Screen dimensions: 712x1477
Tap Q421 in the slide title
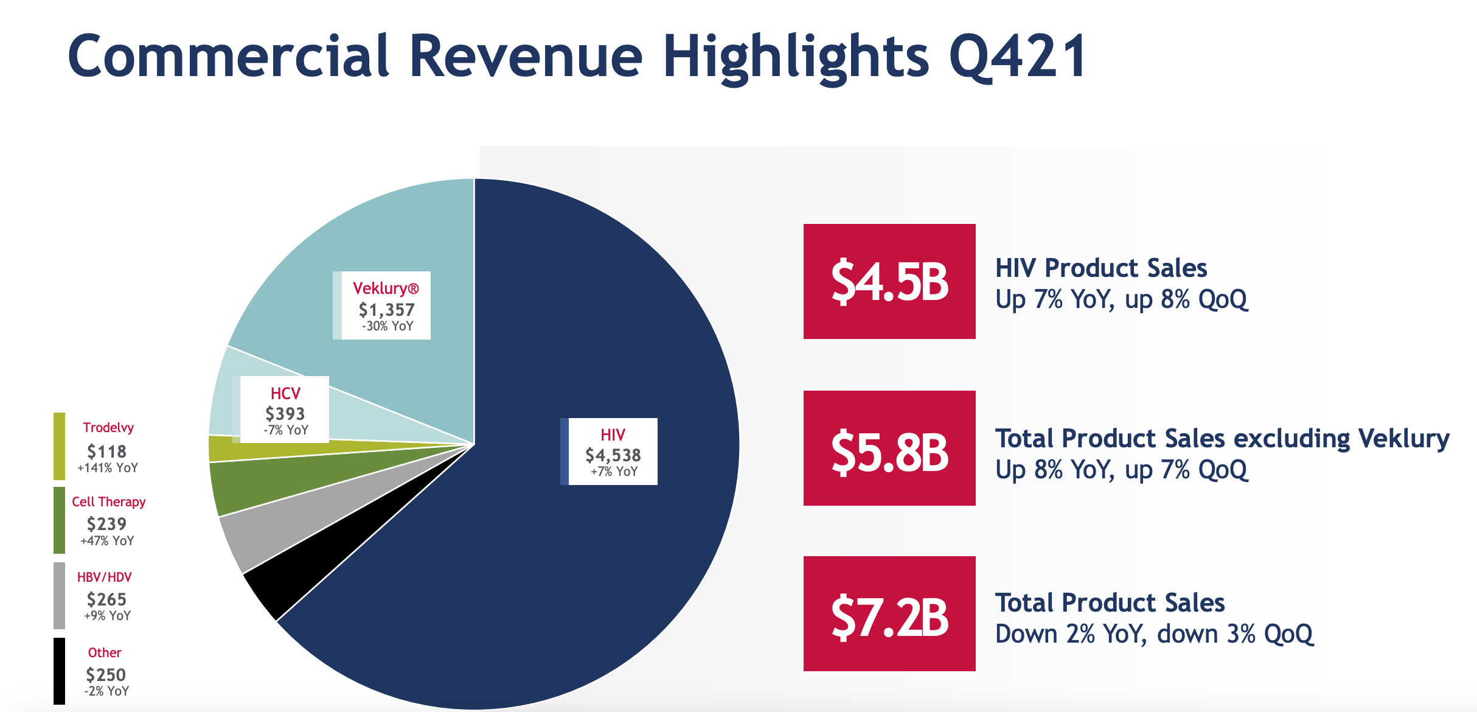coord(1017,57)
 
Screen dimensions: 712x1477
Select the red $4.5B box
coord(889,281)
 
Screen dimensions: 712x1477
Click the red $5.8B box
coord(889,448)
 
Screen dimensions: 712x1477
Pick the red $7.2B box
coord(889,613)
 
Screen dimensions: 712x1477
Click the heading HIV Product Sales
coord(1100,268)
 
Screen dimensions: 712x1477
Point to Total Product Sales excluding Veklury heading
coord(1222,438)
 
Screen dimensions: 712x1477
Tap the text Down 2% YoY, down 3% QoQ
coord(1154,634)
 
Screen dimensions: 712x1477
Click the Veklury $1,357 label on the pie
coord(386,305)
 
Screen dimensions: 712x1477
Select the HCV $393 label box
coord(285,409)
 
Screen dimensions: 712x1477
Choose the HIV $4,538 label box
coord(613,452)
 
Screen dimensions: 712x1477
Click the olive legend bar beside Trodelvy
coord(59,446)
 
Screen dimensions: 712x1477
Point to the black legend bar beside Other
coord(59,671)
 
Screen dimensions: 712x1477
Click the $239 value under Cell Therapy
coord(106,524)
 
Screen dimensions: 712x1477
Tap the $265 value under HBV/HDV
coord(106,599)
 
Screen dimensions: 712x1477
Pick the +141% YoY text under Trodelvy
coord(108,468)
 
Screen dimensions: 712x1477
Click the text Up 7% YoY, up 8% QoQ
coord(1121,299)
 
